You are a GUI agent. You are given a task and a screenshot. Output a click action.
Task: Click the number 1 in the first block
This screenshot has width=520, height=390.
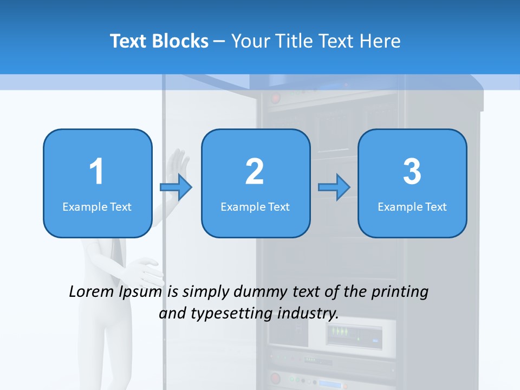click(x=96, y=172)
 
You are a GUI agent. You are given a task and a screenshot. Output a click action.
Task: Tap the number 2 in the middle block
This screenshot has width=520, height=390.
click(x=255, y=172)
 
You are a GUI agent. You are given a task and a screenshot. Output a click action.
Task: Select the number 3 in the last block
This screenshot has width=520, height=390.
click(x=412, y=172)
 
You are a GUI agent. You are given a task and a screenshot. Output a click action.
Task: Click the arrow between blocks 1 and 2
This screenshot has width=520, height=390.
click(x=177, y=187)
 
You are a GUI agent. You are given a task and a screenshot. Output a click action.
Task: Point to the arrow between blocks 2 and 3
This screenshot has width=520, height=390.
click(x=334, y=187)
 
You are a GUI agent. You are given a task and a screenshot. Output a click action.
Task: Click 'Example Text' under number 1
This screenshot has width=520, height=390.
click(x=97, y=206)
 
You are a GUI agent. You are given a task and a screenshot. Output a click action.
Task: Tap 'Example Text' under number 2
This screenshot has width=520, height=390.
click(x=255, y=206)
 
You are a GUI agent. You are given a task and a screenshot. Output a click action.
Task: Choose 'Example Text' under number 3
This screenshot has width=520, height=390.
click(x=412, y=206)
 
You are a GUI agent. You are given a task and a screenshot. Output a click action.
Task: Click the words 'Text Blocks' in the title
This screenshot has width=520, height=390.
click(x=159, y=41)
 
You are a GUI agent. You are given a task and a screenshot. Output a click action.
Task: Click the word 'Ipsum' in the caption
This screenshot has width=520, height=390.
click(x=140, y=292)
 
